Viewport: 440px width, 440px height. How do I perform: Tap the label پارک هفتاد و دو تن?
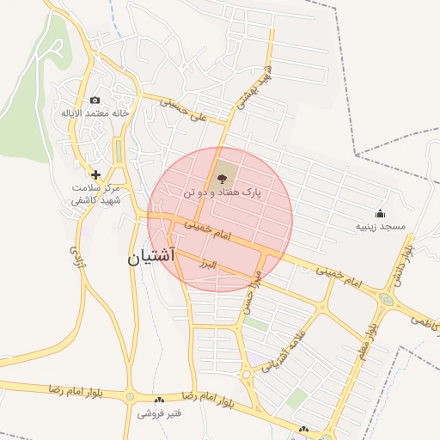pos(221,195)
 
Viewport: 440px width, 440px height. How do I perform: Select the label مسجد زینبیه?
pos(379,227)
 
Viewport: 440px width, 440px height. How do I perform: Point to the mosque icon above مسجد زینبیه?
pos(380,212)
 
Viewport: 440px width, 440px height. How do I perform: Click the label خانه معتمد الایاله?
pos(95,113)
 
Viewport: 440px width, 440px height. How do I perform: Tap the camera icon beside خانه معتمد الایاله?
pos(95,100)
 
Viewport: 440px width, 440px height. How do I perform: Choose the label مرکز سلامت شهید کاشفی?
pos(95,193)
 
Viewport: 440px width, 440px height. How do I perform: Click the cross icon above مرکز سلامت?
pos(95,174)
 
